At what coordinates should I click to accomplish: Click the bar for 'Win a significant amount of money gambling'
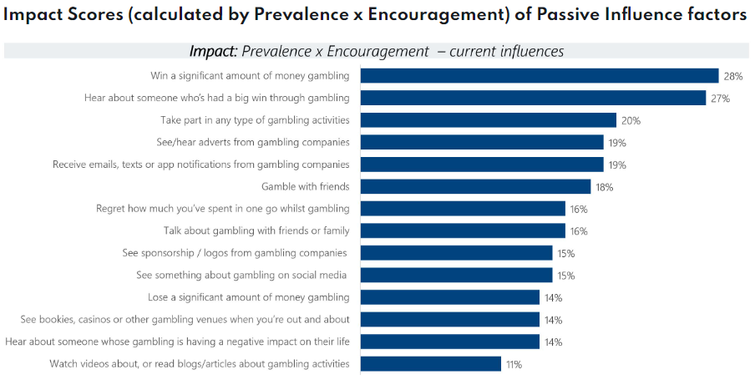(x=540, y=76)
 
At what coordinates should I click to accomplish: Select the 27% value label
(x=720, y=99)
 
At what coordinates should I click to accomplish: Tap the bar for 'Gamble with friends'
(x=475, y=187)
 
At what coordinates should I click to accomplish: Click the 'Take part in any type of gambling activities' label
(x=255, y=120)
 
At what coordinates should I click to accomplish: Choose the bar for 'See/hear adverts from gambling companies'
(x=482, y=142)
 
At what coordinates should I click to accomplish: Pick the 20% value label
(x=631, y=120)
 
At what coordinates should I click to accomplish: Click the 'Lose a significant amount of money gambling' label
(x=249, y=297)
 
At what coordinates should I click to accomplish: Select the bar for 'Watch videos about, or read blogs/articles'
(x=431, y=363)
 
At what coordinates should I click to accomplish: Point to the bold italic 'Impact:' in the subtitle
(x=213, y=52)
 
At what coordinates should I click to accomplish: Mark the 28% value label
(x=733, y=76)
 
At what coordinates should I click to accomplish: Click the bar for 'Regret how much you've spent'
(x=463, y=209)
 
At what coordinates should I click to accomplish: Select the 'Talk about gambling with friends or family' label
(x=256, y=230)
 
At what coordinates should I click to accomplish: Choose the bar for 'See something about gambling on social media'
(x=456, y=275)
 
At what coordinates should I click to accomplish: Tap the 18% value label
(x=604, y=187)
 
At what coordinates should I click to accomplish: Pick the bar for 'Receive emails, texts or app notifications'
(x=482, y=165)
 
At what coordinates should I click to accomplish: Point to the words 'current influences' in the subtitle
(x=506, y=52)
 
